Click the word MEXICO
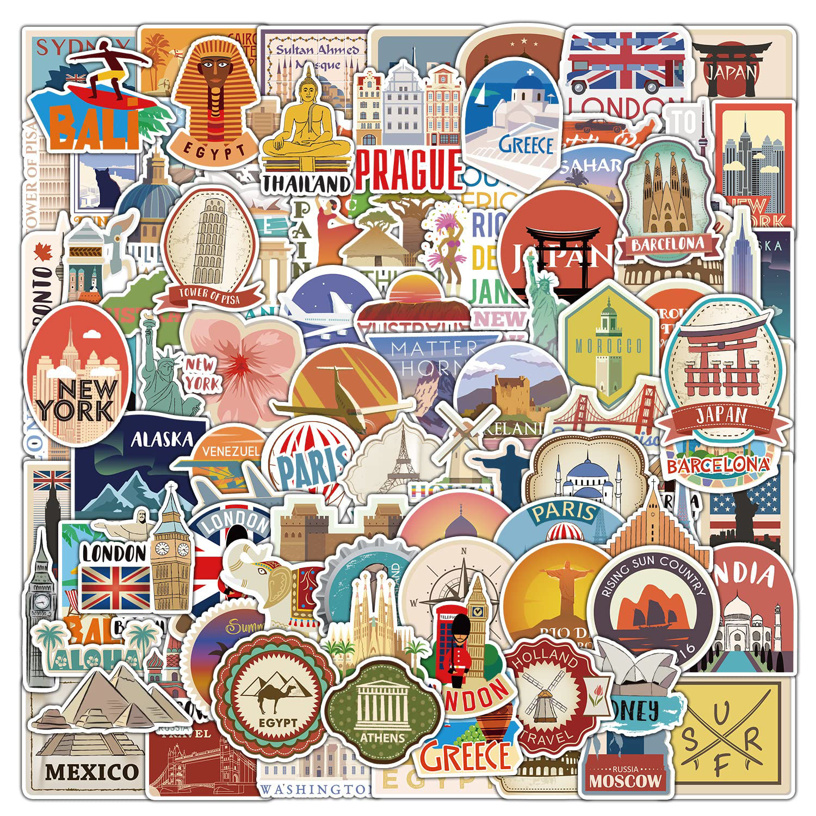pyautogui.click(x=91, y=771)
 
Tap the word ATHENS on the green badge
pyautogui.click(x=382, y=738)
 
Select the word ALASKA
pyautogui.click(x=162, y=439)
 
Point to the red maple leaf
pyautogui.click(x=39, y=251)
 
